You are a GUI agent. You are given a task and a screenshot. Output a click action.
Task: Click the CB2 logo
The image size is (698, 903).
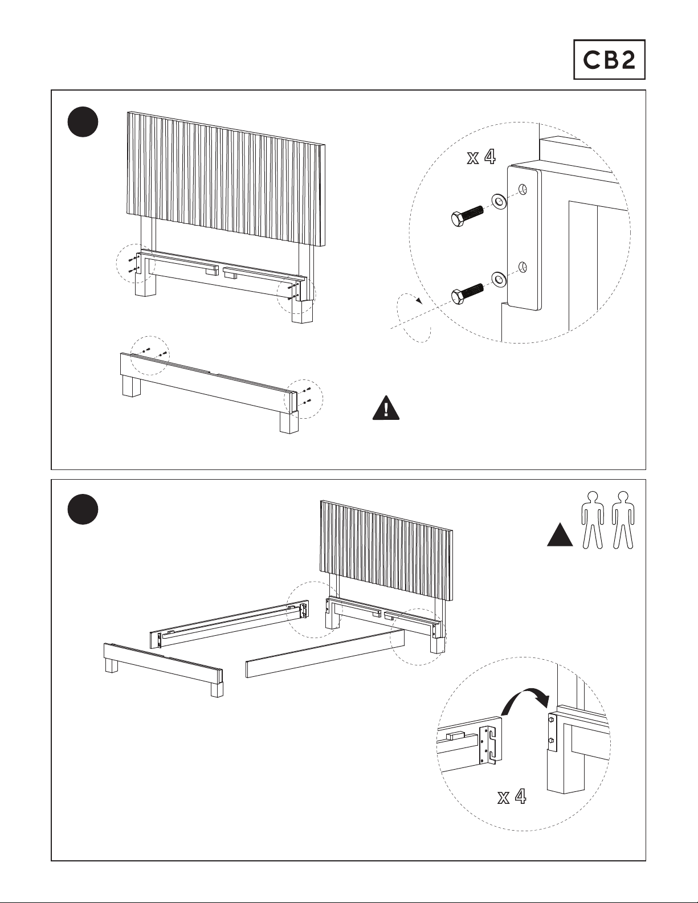[x=609, y=59]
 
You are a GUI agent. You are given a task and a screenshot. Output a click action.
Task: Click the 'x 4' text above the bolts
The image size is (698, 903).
[x=481, y=157]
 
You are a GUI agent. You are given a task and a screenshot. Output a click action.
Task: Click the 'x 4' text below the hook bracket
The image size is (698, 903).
[x=511, y=796]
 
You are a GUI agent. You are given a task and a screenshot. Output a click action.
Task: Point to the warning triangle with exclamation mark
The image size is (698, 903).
[x=386, y=408]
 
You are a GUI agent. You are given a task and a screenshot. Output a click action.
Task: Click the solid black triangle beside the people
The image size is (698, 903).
[x=560, y=536]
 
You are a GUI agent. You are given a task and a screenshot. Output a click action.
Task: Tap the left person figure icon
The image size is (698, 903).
[x=593, y=519]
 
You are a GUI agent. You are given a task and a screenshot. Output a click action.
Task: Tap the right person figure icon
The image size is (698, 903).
[x=623, y=519]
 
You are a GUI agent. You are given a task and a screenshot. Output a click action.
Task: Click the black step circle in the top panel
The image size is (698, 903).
[x=83, y=122]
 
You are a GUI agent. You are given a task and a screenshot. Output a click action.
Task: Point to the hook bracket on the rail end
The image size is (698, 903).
[x=491, y=744]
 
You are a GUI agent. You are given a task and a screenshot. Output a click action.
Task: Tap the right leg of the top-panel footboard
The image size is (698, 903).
[x=289, y=422]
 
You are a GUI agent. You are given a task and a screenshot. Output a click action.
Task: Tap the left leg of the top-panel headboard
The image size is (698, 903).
[x=144, y=285]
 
